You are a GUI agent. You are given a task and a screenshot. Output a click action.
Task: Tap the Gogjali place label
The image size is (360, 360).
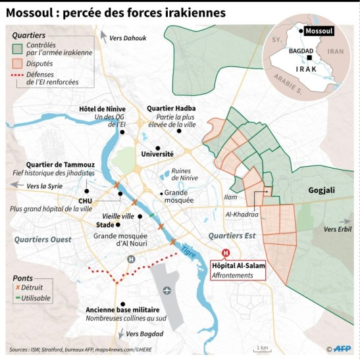(322, 190)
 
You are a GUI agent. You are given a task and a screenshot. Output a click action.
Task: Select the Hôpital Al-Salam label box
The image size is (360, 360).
(237, 269)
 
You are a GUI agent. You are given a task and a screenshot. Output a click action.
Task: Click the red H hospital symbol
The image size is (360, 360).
(226, 253)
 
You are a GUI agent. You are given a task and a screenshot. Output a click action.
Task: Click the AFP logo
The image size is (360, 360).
(343, 349)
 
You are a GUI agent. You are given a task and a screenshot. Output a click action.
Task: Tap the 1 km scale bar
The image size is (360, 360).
(263, 347)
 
